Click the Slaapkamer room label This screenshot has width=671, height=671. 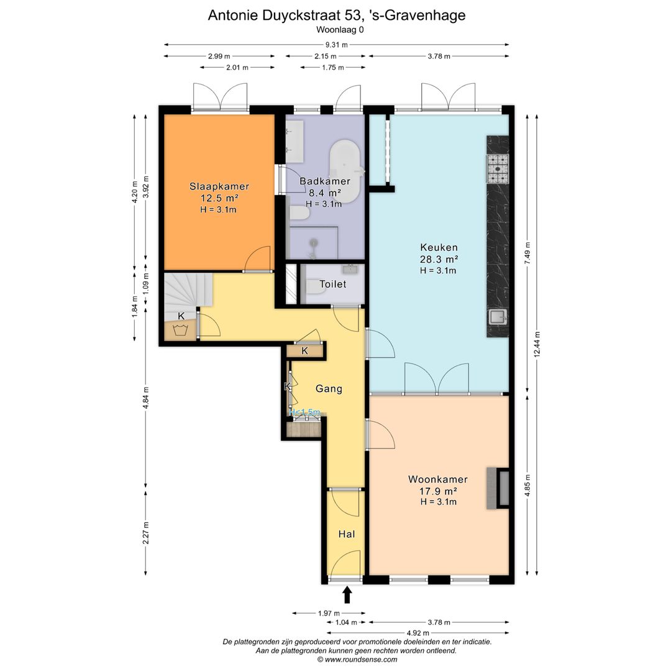click(219, 186)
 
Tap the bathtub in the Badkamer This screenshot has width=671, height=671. click(344, 171)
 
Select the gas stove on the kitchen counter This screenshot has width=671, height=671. click(498, 168)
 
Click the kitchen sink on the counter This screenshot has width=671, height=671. click(498, 317)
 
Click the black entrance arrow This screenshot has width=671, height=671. click(347, 595)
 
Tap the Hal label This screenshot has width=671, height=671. click(347, 534)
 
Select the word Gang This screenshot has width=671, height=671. click(329, 389)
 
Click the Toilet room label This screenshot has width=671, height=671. click(333, 284)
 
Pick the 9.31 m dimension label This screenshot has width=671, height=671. click(336, 45)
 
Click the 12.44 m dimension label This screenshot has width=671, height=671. click(537, 344)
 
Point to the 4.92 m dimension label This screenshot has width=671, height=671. click(418, 633)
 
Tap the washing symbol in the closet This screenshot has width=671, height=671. click(181, 330)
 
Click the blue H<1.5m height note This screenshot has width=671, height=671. click(304, 413)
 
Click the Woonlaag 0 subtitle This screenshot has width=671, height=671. click(340, 30)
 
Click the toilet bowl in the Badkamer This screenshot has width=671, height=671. click(299, 213)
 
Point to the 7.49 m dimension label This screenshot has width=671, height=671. click(527, 253)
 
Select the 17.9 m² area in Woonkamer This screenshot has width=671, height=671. click(438, 491)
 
